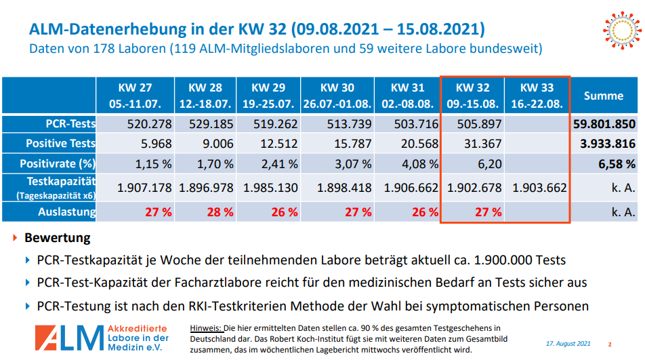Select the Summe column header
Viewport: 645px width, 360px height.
[604, 96]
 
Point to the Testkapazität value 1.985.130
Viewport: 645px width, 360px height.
[270, 188]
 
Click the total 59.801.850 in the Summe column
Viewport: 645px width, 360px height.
[604, 124]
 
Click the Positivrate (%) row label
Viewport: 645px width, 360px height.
[58, 163]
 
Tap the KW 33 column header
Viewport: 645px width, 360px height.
[537, 96]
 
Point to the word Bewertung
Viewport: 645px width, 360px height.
[57, 239]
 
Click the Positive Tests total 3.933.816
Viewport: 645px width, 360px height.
[606, 144]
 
